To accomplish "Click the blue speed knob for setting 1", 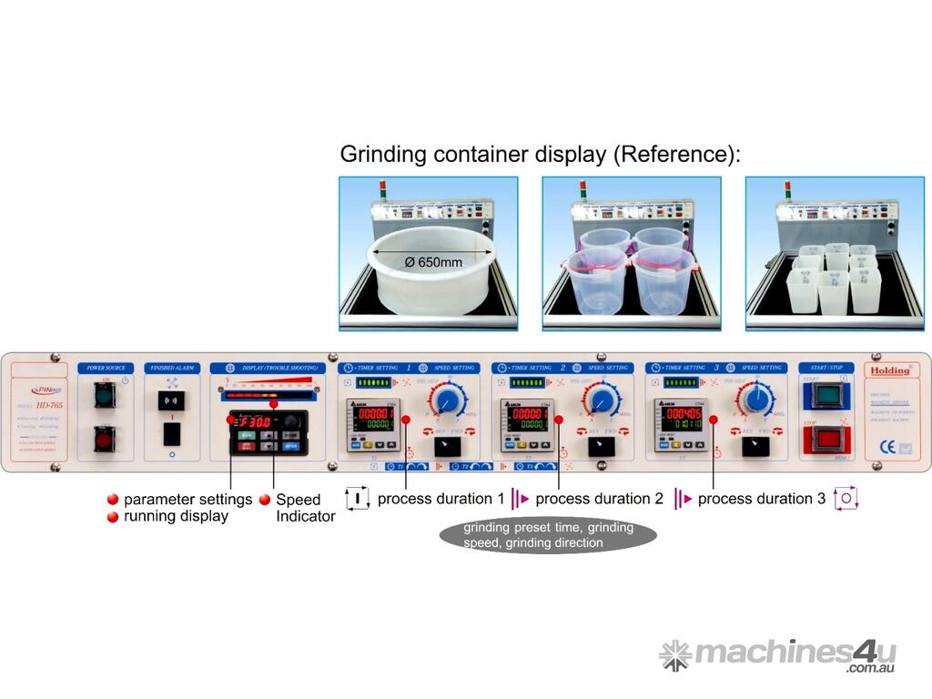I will click(x=447, y=401).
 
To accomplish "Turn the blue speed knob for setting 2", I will click(x=601, y=401).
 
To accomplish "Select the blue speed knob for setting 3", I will click(x=755, y=400).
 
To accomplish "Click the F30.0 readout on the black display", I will click(x=250, y=422).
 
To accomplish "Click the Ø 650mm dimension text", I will click(x=432, y=262).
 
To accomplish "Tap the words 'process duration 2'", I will click(x=600, y=499).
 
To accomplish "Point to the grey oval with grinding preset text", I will click(x=547, y=535).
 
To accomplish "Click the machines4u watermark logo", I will click(x=778, y=655).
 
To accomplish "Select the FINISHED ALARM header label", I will click(x=172, y=369).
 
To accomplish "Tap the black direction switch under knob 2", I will click(x=601, y=446).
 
